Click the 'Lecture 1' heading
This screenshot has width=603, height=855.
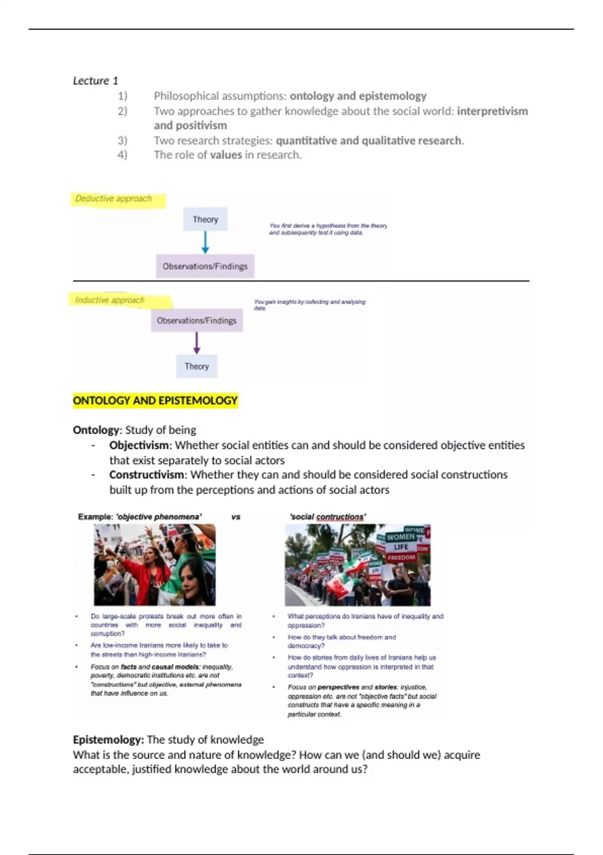(x=95, y=80)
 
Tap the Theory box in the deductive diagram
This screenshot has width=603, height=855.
(x=205, y=219)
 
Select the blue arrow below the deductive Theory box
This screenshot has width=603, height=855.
(x=205, y=242)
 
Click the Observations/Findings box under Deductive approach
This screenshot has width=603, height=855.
(x=205, y=266)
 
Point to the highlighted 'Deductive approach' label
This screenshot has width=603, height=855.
(x=114, y=199)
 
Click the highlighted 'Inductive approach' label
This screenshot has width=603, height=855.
(x=110, y=300)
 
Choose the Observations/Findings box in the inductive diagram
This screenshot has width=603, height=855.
(x=196, y=320)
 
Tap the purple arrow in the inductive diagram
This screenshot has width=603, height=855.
(x=196, y=343)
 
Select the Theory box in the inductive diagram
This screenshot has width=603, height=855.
(x=196, y=366)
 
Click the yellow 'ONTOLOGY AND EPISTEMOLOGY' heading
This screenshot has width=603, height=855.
(x=155, y=401)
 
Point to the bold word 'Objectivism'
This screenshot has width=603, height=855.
(x=139, y=445)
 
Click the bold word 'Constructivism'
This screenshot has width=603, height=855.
(x=147, y=475)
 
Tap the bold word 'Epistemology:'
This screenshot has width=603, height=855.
(x=108, y=740)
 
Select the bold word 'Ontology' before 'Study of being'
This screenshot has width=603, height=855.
(x=96, y=430)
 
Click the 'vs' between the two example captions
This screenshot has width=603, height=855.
(x=236, y=517)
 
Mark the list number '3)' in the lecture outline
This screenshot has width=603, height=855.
(x=122, y=140)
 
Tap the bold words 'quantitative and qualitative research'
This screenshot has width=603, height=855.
(x=368, y=140)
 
